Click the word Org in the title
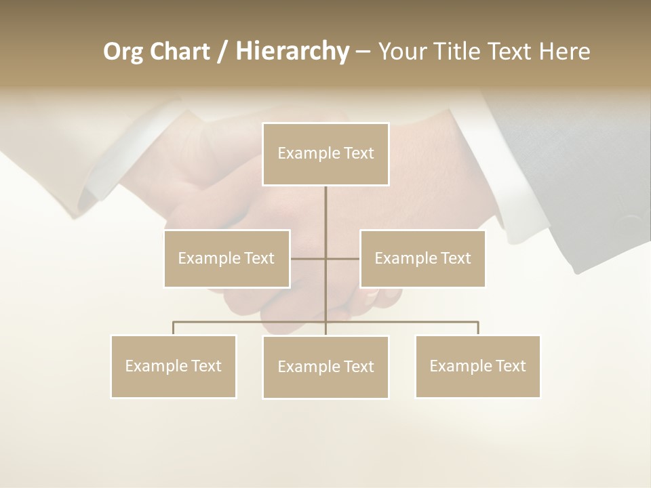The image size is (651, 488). point(123,52)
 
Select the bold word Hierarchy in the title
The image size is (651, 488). point(292,52)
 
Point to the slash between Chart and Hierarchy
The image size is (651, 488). point(222,52)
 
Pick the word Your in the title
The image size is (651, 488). point(400,52)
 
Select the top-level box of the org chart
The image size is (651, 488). point(325,154)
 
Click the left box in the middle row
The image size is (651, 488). point(226,258)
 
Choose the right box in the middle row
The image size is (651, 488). point(422,258)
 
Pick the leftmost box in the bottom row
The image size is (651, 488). point(173,366)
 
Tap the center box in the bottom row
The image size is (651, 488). point(325,367)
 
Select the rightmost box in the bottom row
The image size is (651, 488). point(477,366)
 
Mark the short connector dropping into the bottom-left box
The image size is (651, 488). point(173,328)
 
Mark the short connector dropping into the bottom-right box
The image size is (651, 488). point(478,328)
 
